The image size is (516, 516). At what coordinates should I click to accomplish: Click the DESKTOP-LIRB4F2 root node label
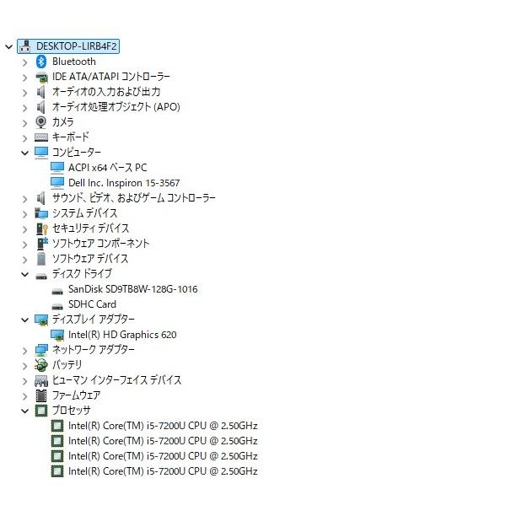coord(77,46)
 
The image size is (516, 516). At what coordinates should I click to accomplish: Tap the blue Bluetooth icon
coord(41,62)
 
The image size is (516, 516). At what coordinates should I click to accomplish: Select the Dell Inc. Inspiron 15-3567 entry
coord(124,183)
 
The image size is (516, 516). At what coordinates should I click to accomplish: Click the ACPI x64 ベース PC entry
coord(108,168)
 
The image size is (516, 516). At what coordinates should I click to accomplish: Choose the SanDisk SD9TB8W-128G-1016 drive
coord(133,289)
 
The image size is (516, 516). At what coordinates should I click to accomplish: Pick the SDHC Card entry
coord(92,304)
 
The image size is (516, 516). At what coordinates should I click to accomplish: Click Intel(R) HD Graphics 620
coord(122,335)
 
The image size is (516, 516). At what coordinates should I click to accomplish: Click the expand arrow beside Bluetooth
coord(24,62)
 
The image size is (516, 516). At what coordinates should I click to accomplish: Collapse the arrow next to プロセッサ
coord(24,411)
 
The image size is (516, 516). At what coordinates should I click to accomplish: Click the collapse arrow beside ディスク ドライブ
coord(24,274)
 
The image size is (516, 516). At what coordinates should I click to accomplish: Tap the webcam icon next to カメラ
coord(41,122)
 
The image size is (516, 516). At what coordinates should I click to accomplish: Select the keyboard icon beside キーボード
coord(41,137)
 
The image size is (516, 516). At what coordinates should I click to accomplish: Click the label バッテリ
coord(67,364)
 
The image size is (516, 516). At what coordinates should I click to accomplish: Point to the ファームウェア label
coord(77,395)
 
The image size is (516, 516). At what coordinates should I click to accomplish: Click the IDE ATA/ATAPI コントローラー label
coord(111,77)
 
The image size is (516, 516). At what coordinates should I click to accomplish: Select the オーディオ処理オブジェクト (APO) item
coord(116,107)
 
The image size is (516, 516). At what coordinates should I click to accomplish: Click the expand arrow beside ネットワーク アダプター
coord(24,351)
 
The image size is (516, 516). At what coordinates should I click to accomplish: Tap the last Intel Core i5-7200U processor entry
coord(163,471)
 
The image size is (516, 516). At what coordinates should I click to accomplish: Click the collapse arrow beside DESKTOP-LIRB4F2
coord(9,46)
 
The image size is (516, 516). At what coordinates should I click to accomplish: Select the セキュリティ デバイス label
coord(90,228)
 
